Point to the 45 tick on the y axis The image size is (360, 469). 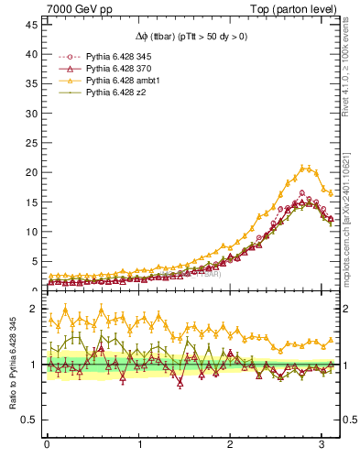click(29, 23)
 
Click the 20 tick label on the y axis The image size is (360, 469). click(29, 172)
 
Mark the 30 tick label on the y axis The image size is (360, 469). click(29, 113)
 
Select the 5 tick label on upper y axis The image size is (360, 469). click(32, 261)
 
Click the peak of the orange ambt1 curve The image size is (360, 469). click(303, 168)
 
